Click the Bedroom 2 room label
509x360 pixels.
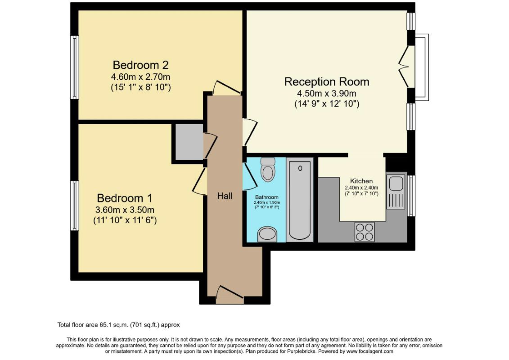pos(140,65)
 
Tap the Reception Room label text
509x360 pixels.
pos(327,81)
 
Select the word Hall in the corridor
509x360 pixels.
pos(225,196)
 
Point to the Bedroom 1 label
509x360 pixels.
pos(125,198)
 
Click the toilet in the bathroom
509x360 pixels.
pos(268,169)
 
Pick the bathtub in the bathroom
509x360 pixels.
pos(300,200)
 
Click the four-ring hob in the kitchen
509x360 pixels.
pos(364,232)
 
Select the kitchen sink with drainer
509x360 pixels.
pos(396,192)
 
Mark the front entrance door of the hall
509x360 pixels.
pos(230,294)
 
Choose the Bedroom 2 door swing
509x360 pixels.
pos(226,88)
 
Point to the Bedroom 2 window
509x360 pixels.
pos(75,67)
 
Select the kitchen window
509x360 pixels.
pos(411,196)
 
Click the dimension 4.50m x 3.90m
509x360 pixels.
pos(327,94)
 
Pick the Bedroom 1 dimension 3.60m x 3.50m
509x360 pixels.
pos(125,210)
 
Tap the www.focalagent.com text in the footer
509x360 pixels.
pos(370,351)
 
